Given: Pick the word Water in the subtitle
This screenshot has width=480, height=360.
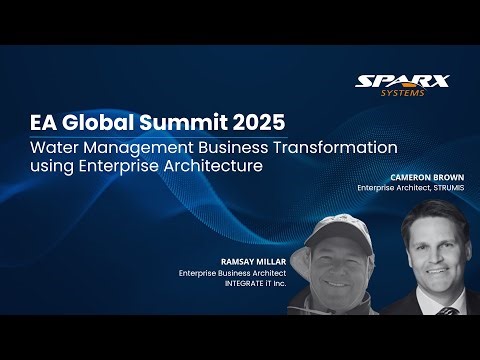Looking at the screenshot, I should coord(53,147).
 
